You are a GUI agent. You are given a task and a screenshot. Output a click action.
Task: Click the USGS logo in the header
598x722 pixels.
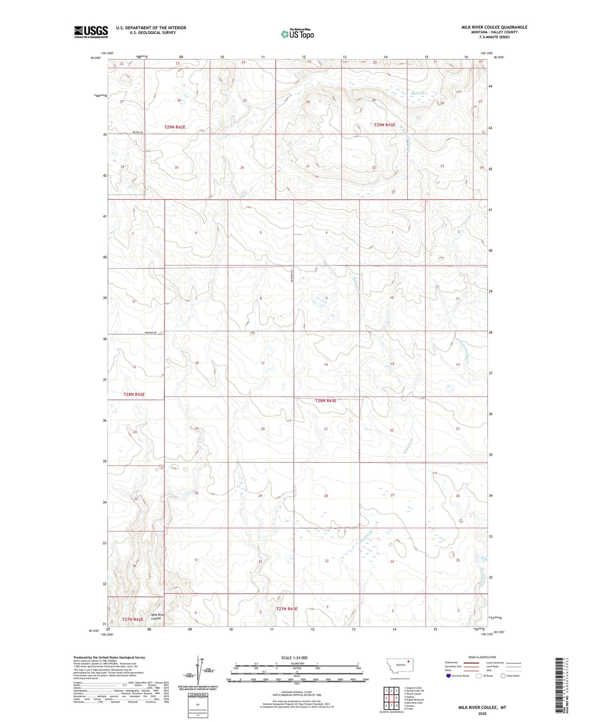[x=91, y=32]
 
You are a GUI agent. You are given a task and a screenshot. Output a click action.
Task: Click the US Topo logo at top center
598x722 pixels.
[x=297, y=34]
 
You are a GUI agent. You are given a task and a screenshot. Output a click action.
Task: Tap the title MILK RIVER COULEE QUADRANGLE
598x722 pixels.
[x=494, y=27]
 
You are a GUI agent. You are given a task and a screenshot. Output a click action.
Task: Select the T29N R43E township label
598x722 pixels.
[x=384, y=124]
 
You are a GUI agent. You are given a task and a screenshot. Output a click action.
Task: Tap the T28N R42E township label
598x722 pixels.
[x=134, y=394]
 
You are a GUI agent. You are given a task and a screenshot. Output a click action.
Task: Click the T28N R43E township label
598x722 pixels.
[x=325, y=400]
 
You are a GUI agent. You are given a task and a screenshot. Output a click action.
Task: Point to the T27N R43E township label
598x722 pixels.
[x=287, y=609]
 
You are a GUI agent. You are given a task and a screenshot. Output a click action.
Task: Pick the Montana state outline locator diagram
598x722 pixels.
[x=399, y=665]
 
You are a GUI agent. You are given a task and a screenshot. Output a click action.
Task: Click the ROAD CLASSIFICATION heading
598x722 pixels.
[x=482, y=657]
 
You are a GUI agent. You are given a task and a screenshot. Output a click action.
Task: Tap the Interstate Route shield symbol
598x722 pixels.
[x=449, y=676]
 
